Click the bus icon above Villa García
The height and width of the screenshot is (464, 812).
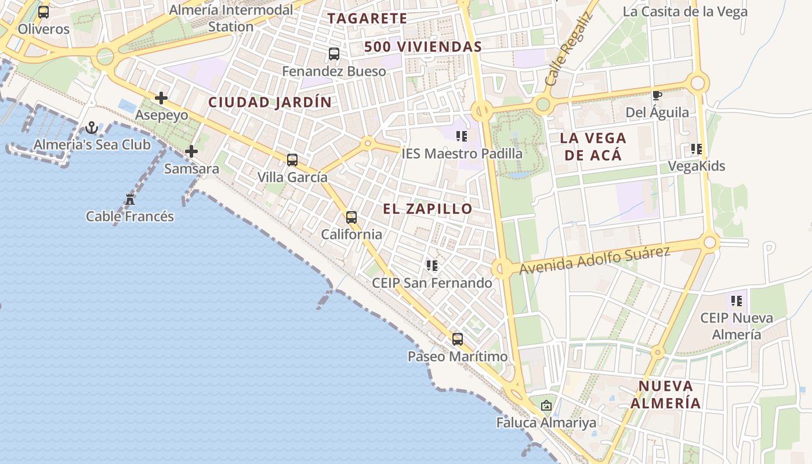tap(292, 160)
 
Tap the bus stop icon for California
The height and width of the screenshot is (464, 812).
tap(351, 217)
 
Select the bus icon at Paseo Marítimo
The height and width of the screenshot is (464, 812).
tap(458, 339)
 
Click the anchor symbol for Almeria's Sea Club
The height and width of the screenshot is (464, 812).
tap(92, 128)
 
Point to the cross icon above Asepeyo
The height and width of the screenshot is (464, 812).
tap(161, 98)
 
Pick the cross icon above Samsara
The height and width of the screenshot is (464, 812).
tap(191, 152)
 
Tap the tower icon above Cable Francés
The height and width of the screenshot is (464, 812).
tap(130, 200)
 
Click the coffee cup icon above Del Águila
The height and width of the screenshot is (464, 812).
tap(657, 96)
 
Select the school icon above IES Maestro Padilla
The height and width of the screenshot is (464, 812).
tap(462, 136)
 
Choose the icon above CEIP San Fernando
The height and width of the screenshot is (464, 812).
tap(432, 266)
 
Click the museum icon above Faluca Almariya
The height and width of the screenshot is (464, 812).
tap(546, 405)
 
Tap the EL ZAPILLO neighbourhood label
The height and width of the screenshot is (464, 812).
tap(427, 209)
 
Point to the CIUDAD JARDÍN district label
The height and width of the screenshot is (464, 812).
tap(270, 103)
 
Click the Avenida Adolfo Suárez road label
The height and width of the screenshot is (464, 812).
tap(594, 260)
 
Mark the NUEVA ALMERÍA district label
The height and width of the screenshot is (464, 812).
tap(666, 394)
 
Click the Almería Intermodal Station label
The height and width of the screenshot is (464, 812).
tap(231, 18)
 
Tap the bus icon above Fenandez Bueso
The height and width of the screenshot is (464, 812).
tap(334, 54)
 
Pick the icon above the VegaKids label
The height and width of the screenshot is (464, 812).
tap(697, 149)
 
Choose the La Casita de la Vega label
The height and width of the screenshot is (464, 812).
tap(685, 12)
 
